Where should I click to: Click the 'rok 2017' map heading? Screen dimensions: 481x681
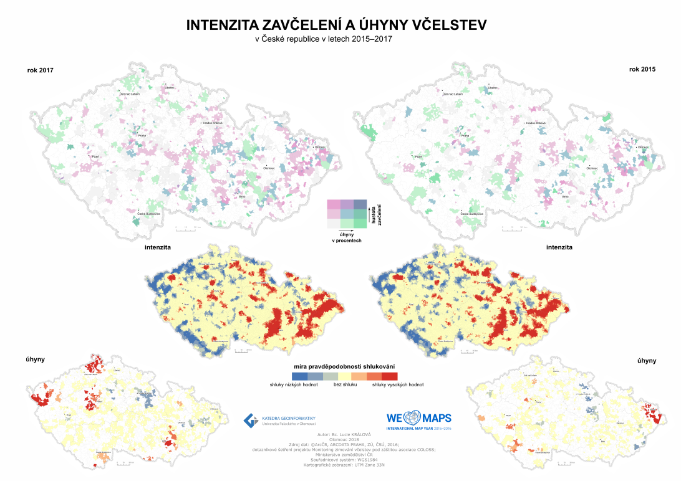41,70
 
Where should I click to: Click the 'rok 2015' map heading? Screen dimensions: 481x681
642,69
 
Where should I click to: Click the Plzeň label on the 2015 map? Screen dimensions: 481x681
419,156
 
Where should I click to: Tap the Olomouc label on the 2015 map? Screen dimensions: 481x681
592,167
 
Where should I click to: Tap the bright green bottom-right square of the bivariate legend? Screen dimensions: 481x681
360,224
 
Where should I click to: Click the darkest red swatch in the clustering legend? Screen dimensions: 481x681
390,376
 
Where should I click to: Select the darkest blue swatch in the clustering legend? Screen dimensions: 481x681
300,376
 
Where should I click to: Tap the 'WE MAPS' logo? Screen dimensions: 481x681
418,418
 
